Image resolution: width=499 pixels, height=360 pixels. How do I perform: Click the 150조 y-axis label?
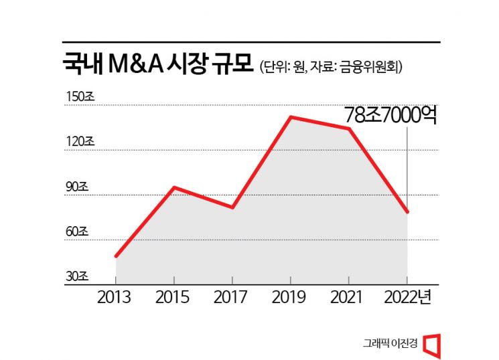tap(80, 97)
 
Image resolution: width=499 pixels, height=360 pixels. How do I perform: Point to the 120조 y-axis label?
tap(80, 142)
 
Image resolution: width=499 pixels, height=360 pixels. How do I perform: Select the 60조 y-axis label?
tap(77, 232)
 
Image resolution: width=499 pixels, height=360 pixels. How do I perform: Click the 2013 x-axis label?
tap(116, 297)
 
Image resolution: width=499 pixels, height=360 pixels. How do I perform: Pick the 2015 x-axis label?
tap(174, 297)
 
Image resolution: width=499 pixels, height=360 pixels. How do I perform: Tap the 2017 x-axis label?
tap(232, 297)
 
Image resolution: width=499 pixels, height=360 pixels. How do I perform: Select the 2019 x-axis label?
tap(290, 297)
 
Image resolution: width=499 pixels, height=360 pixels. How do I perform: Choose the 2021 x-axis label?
tap(348, 297)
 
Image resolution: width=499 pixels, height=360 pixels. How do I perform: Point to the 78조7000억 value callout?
tap(391, 115)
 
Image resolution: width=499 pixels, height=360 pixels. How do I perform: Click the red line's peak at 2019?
tap(290, 117)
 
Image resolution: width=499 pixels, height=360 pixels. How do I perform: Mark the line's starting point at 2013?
tap(116, 256)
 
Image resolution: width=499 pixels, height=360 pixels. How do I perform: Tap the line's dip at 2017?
tap(232, 207)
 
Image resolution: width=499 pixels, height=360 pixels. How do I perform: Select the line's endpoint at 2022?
tap(407, 212)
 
